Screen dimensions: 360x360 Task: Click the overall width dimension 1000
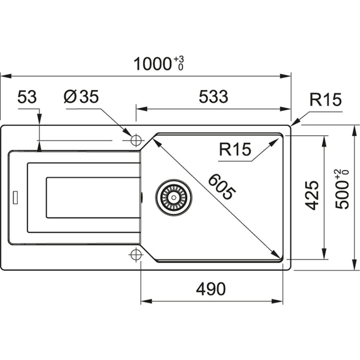(x=152, y=64)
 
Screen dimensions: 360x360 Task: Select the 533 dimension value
(x=213, y=97)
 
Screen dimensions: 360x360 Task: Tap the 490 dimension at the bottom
(x=211, y=289)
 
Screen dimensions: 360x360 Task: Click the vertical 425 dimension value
(x=312, y=195)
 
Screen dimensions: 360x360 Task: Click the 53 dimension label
(x=27, y=97)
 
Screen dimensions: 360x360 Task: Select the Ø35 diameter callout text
(x=81, y=97)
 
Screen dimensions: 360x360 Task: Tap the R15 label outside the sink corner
(x=325, y=100)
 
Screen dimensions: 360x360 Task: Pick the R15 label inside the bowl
(x=235, y=150)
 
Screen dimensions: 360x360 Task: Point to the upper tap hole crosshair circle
(x=136, y=141)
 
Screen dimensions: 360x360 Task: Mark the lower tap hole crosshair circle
(x=136, y=255)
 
